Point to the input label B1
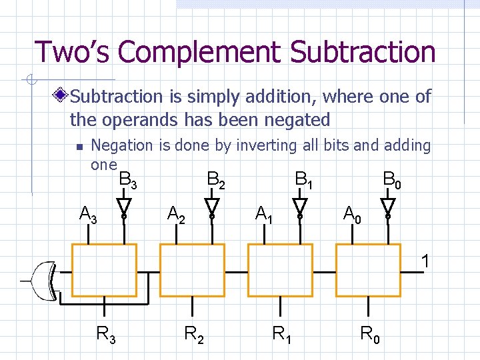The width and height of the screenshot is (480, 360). click(x=304, y=179)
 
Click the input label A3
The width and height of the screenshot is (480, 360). click(x=89, y=215)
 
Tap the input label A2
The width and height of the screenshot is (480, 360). click(x=177, y=215)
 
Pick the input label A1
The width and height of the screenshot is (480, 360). click(x=265, y=215)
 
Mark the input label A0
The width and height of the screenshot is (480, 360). click(x=353, y=215)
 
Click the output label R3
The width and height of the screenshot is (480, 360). click(x=106, y=333)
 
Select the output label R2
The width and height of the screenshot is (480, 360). click(x=194, y=333)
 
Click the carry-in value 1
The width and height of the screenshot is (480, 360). click(x=425, y=261)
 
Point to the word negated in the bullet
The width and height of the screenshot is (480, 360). click(x=293, y=121)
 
